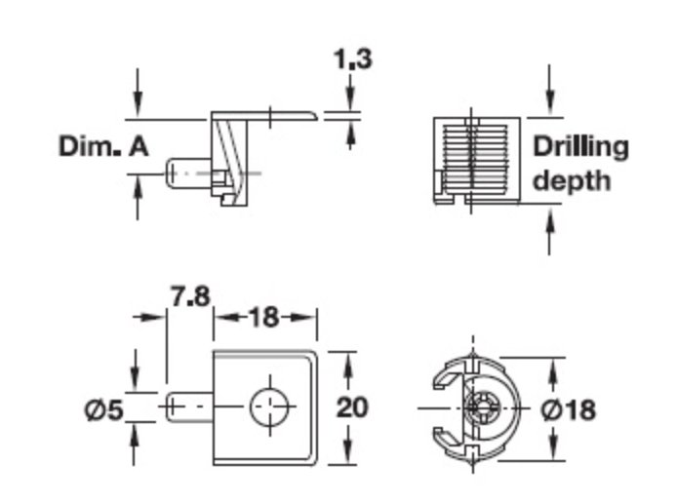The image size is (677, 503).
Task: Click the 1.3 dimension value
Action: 353,59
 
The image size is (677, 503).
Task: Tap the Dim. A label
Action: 103,146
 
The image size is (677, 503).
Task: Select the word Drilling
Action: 580,148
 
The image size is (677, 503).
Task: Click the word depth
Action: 572,180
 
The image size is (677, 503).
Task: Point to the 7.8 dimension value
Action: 190,296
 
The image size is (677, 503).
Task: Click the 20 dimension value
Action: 352,407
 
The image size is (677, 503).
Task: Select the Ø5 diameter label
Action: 103,409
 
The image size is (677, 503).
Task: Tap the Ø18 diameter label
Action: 568,409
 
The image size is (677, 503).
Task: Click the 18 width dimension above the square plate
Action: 264,318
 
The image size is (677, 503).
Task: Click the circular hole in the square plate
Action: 270,406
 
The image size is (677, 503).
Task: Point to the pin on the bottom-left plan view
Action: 189,406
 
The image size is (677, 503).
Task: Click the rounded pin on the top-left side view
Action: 188,174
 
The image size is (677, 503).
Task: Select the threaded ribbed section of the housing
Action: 474,158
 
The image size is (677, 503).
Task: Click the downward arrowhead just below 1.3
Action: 350,98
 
